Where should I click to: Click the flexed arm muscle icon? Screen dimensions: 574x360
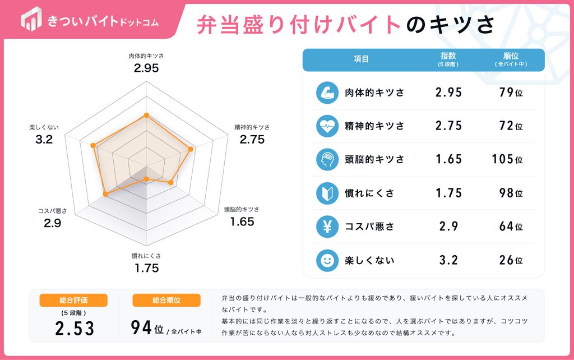pyautogui.click(x=327, y=93)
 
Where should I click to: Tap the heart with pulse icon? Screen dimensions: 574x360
pyautogui.click(x=327, y=126)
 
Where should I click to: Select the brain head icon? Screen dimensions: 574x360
pyautogui.click(x=327, y=160)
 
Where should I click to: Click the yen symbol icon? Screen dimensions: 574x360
pyautogui.click(x=327, y=227)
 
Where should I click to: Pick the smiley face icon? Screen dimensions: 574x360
pyautogui.click(x=327, y=260)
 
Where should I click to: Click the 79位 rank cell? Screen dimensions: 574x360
pyautogui.click(x=511, y=93)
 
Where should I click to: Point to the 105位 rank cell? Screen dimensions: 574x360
pyautogui.click(x=507, y=159)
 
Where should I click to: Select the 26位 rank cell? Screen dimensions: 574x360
pyautogui.click(x=511, y=260)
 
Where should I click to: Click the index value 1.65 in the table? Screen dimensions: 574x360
pyautogui.click(x=448, y=159)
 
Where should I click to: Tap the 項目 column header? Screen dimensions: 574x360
pyautogui.click(x=362, y=59)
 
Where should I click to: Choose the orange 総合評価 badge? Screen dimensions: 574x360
pyautogui.click(x=73, y=301)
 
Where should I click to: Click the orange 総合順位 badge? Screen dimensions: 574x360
pyautogui.click(x=166, y=301)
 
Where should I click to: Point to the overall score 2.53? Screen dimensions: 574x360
pyautogui.click(x=75, y=329)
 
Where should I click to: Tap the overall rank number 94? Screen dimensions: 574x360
pyautogui.click(x=141, y=327)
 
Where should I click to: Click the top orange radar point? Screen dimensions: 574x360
pyautogui.click(x=146, y=116)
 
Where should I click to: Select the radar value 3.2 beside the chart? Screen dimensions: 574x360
pyautogui.click(x=44, y=140)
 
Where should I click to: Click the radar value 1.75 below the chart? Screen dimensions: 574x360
pyautogui.click(x=146, y=268)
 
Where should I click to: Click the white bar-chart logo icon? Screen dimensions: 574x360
pyautogui.click(x=31, y=19)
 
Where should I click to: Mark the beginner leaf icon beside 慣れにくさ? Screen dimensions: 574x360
pyautogui.click(x=327, y=193)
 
